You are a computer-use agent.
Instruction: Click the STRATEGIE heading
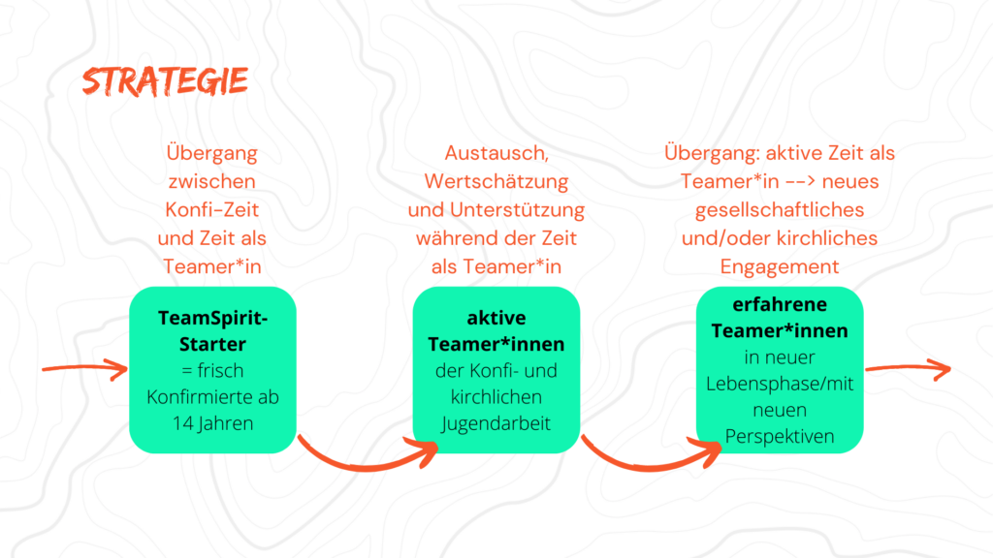point(165,81)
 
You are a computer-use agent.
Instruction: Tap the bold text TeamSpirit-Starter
point(212,330)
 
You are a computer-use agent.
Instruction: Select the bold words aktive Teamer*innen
point(496,330)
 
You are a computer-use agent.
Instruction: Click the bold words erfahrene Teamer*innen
point(780,318)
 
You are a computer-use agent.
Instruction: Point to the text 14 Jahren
point(212,422)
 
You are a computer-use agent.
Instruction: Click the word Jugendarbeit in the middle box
point(496,422)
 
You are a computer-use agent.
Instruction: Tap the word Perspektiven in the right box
point(780,436)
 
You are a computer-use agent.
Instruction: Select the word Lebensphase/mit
point(780,384)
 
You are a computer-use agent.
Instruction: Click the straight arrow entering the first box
point(85,369)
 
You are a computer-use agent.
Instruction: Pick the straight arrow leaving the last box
point(907,368)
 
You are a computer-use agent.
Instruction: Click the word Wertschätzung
point(496,182)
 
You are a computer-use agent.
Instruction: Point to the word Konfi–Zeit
point(212,210)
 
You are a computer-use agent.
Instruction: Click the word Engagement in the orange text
point(780,266)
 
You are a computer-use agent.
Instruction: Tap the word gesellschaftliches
point(780,210)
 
